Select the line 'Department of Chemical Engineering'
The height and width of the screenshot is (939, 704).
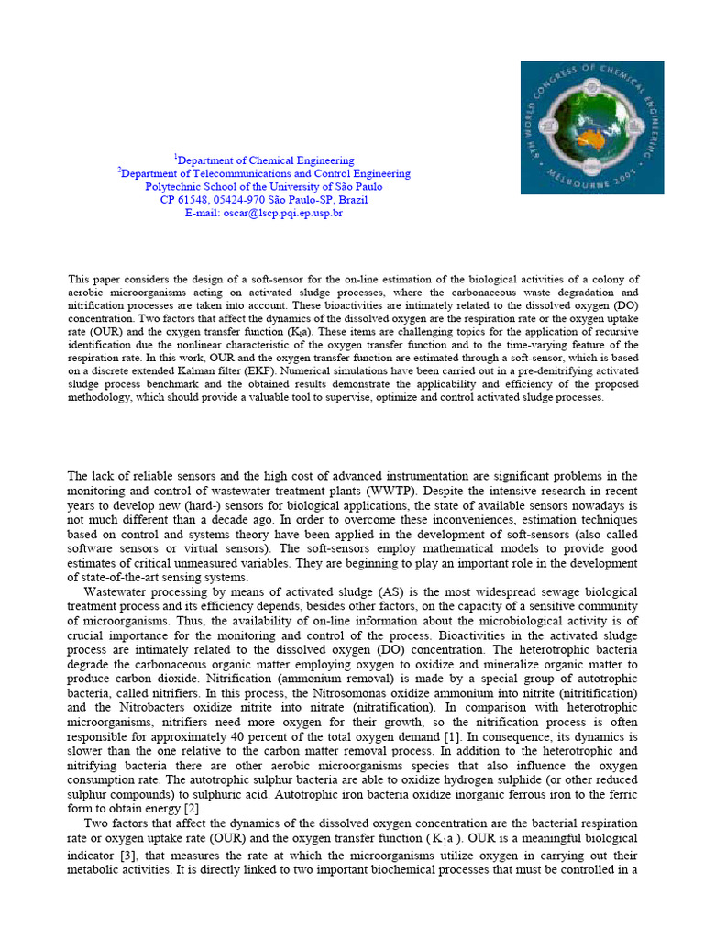[x=264, y=160]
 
